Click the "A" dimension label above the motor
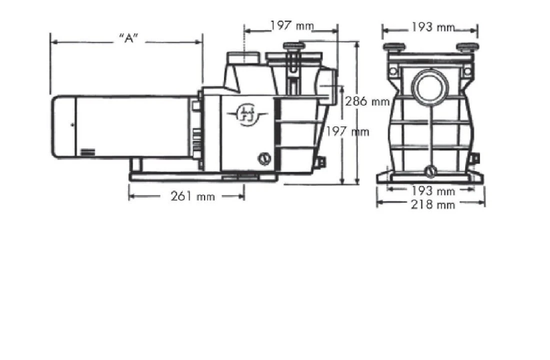[128, 39]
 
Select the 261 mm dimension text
[192, 196]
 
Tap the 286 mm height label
[367, 101]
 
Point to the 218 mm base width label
[432, 204]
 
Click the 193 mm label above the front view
[432, 27]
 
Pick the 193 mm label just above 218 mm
[432, 191]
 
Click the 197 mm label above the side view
[292, 25]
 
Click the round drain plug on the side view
[263, 159]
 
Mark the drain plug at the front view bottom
[430, 171]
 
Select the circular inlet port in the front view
[430, 86]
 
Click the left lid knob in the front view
[394, 47]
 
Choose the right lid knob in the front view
[467, 47]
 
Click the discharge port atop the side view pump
[243, 57]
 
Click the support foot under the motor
[136, 165]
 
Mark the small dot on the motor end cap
[72, 124]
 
